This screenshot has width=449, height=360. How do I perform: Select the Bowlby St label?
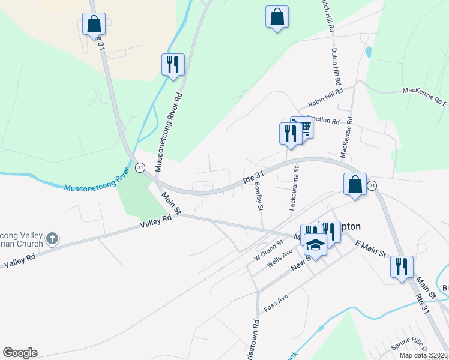pos(259,196)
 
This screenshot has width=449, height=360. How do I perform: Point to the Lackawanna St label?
pos(294,188)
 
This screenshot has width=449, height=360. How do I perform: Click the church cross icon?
pos(52,239)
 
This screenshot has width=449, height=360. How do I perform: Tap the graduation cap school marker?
pos(315,245)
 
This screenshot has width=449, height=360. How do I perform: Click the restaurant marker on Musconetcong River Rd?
pos(173,64)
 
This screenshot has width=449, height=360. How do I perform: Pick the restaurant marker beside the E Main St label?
pos(402,266)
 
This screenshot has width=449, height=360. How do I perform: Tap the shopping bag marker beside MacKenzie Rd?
pos(355,184)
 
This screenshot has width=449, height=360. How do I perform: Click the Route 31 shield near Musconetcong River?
pos(139,167)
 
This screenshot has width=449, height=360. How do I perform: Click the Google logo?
pos(20,353)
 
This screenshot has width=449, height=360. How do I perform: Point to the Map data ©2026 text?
pos(423,355)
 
